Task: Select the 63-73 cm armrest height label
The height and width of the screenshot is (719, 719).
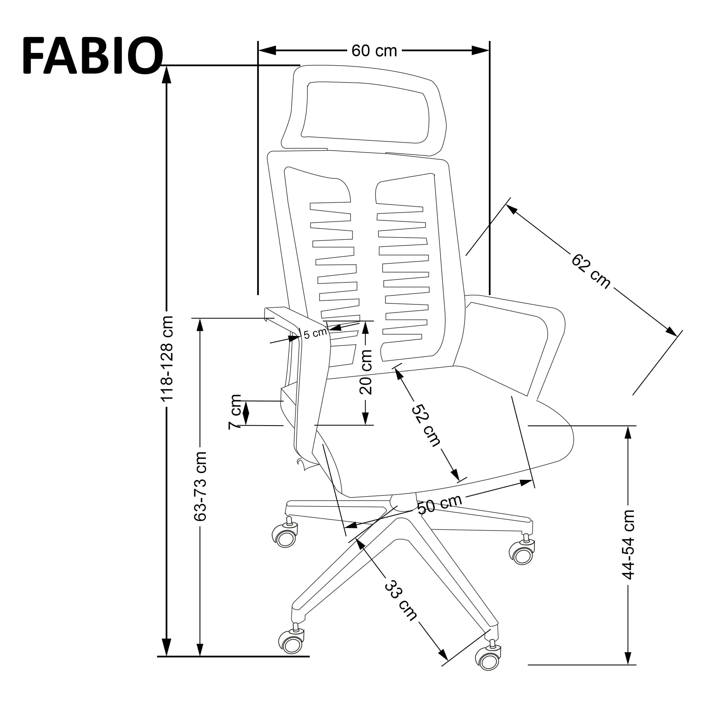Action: tap(201, 486)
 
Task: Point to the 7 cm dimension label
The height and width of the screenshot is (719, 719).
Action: tap(235, 412)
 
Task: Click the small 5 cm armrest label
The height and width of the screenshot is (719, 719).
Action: tap(315, 334)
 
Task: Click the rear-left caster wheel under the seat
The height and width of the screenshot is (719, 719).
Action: tap(285, 537)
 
